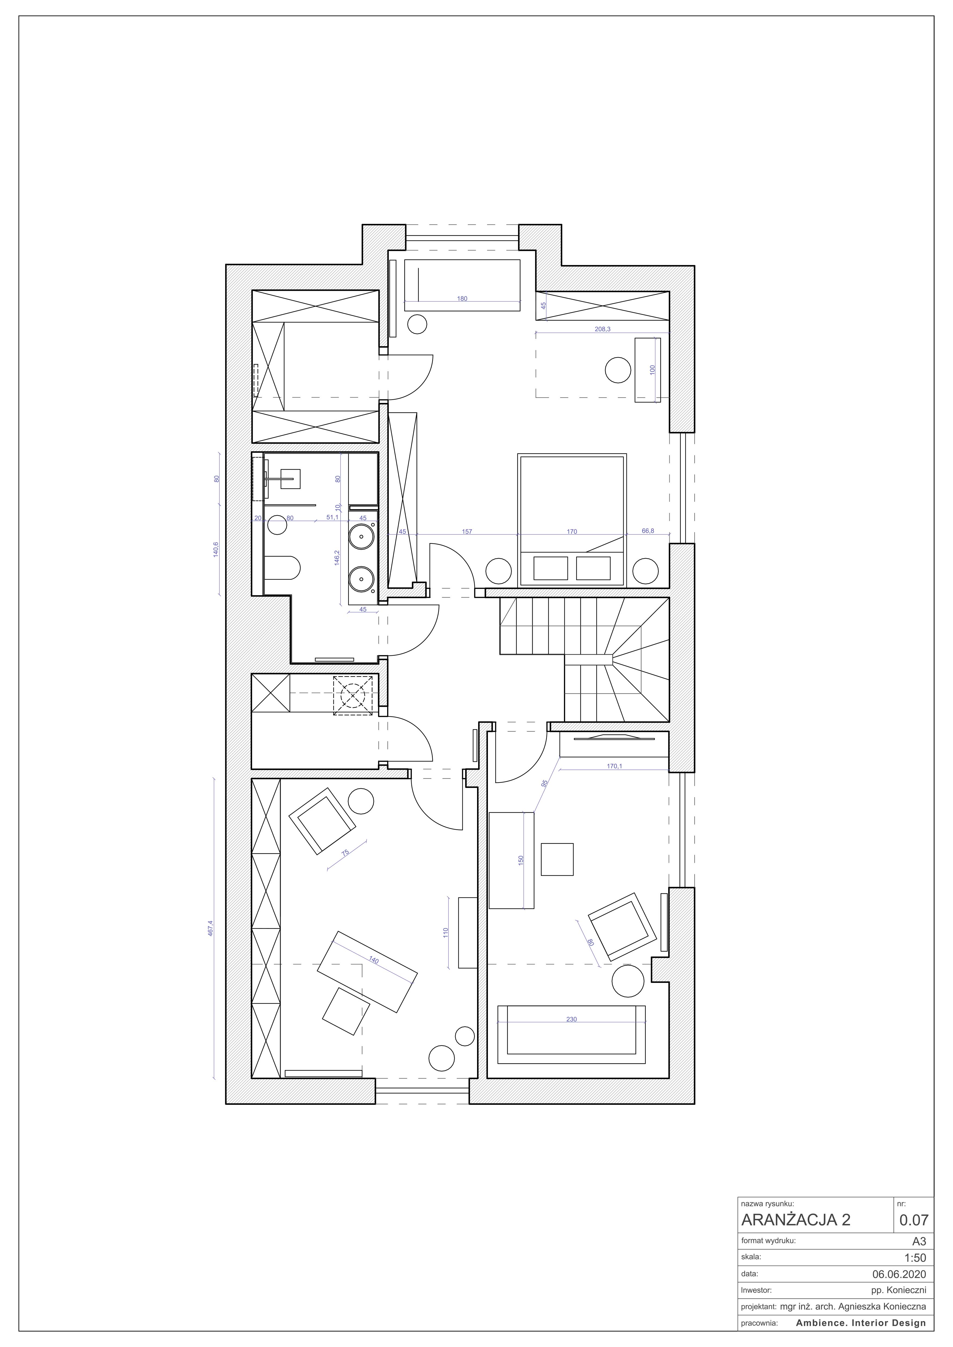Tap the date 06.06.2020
899,1274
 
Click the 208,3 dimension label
603,329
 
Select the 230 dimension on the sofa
572,1019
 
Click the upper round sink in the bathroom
361,536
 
